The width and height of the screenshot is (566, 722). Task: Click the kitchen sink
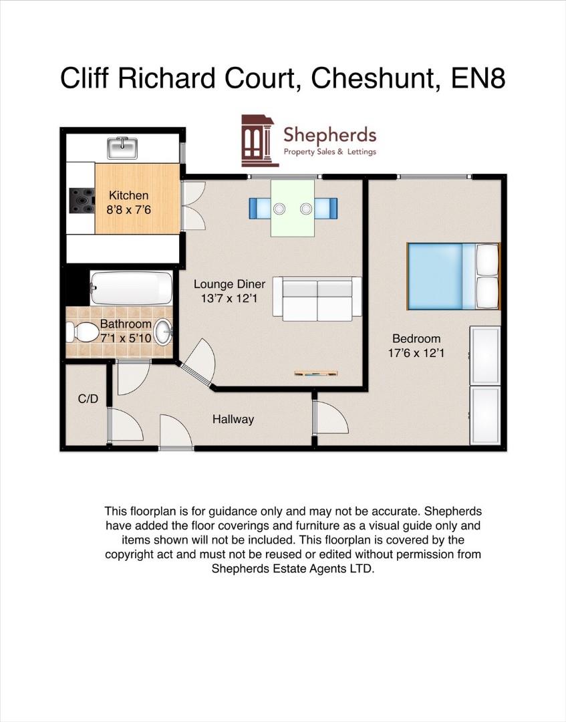(122, 148)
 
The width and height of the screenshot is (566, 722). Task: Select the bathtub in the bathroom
(132, 288)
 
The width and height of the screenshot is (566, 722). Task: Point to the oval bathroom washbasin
(162, 331)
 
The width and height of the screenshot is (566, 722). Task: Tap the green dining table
(292, 207)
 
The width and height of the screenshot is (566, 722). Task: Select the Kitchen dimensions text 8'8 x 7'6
(129, 209)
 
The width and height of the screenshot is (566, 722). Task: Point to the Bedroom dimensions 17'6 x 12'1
(416, 353)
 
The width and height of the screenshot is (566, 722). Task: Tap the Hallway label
(233, 420)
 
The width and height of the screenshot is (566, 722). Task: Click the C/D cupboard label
(88, 399)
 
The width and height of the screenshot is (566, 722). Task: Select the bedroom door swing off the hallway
(331, 418)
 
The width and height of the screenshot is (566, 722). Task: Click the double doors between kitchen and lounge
(192, 206)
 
